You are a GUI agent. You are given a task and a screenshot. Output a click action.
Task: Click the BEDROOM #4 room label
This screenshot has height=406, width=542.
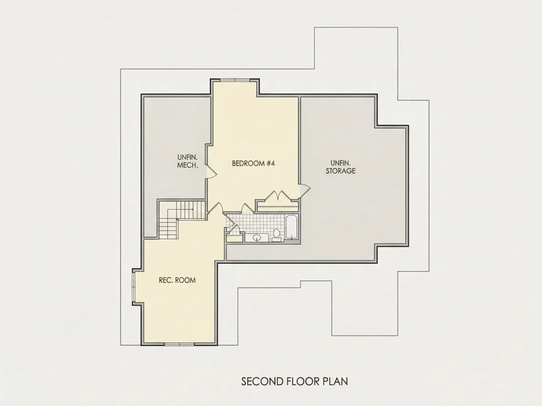tap(253, 163)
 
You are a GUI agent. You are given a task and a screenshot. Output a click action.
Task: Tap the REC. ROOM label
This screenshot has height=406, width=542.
tap(177, 280)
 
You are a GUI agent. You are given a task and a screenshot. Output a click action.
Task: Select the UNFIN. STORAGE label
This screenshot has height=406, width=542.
tap(340, 167)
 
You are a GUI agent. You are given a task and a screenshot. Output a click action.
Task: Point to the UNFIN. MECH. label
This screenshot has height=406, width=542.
tap(188, 161)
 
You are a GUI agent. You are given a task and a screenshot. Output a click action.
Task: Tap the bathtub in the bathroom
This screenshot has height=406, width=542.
tap(291, 227)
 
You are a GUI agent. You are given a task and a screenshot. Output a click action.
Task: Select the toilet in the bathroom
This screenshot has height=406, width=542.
tap(276, 235)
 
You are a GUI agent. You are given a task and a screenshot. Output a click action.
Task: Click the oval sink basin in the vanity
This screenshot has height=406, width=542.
tap(257, 238)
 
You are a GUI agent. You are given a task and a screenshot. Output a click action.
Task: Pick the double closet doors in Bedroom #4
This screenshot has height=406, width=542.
tap(278, 195)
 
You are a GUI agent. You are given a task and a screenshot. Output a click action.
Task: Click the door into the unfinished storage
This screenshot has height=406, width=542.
tap(305, 190)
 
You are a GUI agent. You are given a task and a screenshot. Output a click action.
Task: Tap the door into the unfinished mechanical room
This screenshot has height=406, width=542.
tap(211, 172)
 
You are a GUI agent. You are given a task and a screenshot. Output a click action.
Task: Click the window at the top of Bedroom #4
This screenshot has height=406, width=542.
tap(235, 80)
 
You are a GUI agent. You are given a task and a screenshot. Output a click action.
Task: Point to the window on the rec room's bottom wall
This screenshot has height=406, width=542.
tap(179, 344)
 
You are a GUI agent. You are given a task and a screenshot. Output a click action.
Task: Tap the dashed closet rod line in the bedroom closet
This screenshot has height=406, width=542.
tap(278, 206)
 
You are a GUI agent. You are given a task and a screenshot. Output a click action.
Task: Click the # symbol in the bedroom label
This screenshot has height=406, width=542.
tap(268, 163)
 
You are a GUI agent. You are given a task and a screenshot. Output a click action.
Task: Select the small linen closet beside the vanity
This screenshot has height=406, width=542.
tap(235, 238)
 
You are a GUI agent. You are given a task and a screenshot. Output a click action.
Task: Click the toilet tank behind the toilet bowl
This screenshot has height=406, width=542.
tap(276, 240)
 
